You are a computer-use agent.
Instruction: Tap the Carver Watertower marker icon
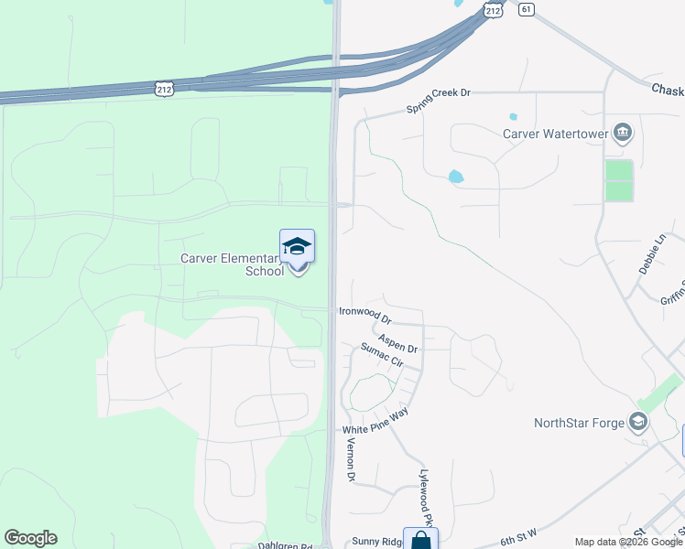click(x=623, y=134)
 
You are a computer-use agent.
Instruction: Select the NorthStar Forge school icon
click(x=638, y=423)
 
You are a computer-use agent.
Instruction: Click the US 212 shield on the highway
click(x=164, y=89)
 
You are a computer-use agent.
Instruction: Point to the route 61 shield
click(x=525, y=9)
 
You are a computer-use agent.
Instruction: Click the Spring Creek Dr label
click(x=438, y=101)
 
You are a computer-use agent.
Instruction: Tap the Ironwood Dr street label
click(x=364, y=316)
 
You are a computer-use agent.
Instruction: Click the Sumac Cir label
click(x=382, y=355)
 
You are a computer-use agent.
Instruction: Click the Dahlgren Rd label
click(x=285, y=546)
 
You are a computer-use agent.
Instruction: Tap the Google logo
click(x=30, y=538)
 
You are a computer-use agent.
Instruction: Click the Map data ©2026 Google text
click(x=628, y=542)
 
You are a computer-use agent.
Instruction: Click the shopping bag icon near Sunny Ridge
click(x=420, y=542)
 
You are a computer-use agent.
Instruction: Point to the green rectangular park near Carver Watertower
click(x=619, y=180)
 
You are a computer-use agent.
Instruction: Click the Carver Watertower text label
click(x=556, y=134)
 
